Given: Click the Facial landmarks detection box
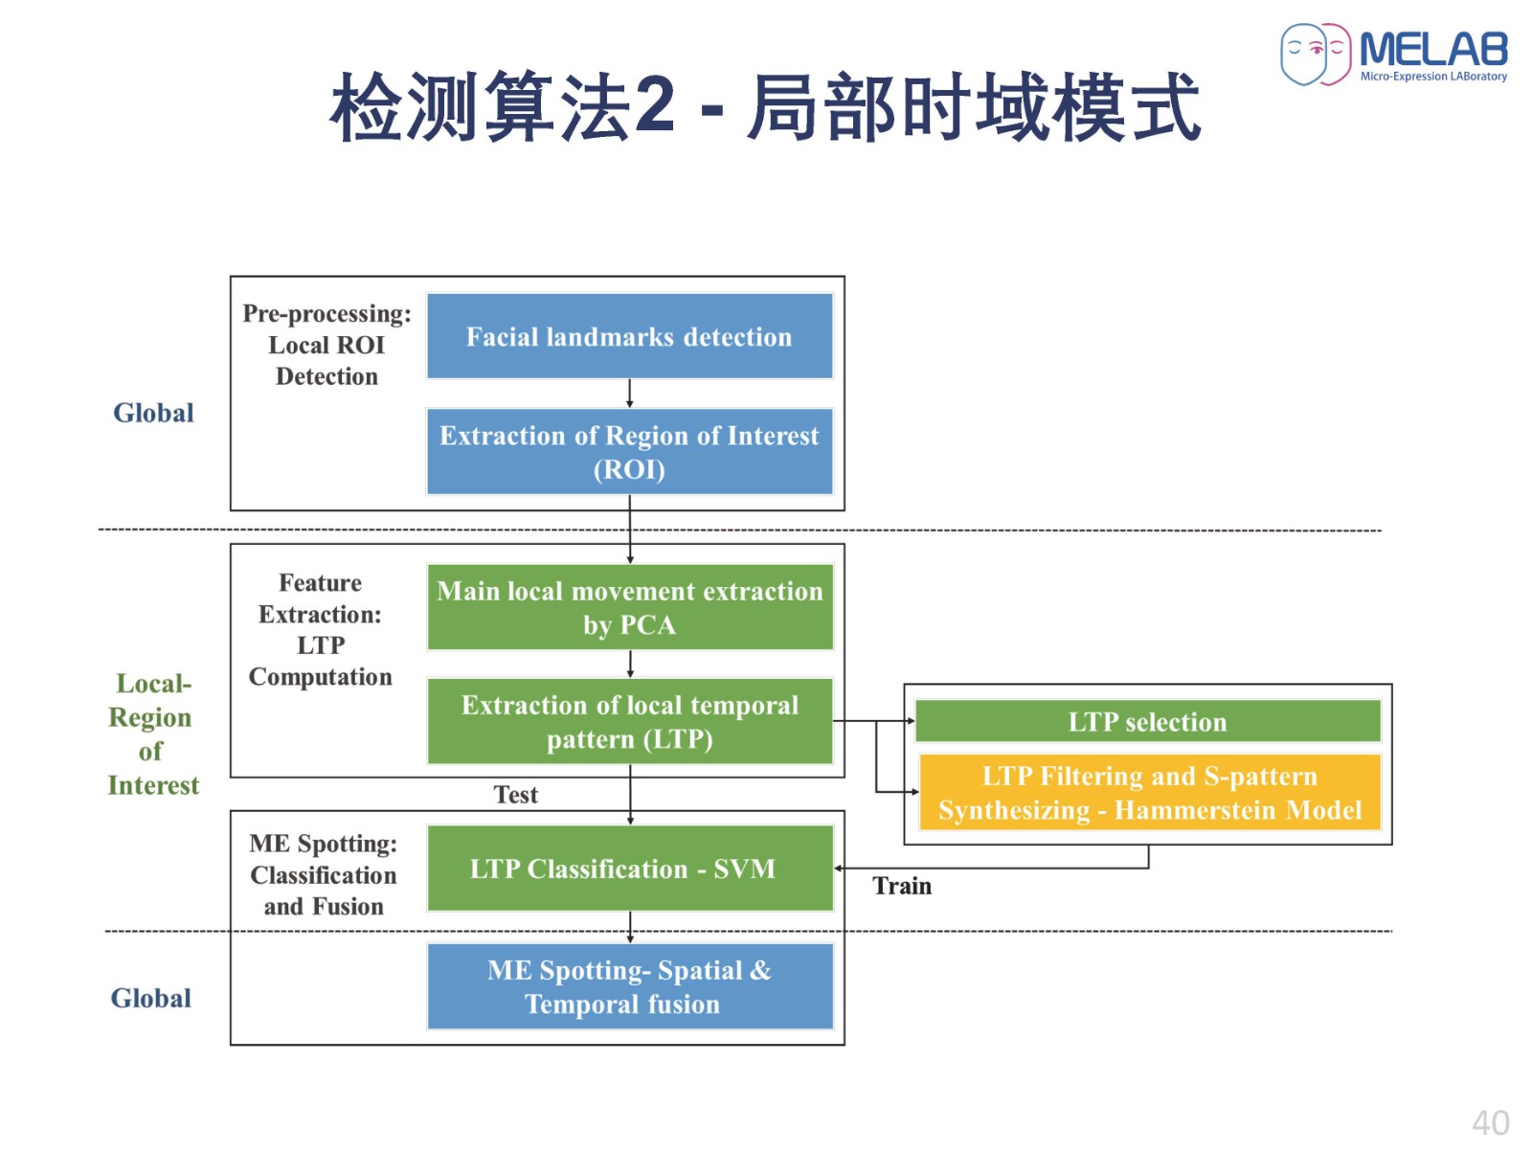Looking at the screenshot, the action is [629, 335].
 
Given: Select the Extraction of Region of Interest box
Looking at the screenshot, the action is [629, 451].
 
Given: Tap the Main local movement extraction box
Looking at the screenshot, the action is [629, 607].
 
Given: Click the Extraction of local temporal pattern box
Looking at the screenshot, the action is [629, 721].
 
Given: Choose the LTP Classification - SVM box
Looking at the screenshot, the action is [629, 868].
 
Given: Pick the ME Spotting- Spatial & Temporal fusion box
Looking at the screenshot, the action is [629, 986].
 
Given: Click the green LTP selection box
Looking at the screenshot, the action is [1147, 721].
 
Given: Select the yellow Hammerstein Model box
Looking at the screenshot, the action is [1149, 792].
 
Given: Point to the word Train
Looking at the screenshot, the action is [901, 886].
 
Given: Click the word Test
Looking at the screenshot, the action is [515, 794].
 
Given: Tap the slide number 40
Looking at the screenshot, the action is [1490, 1123].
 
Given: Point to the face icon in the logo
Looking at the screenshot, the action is [1315, 54].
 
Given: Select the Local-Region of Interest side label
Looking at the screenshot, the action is [152, 734].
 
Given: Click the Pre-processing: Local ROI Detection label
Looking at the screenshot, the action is [326, 345].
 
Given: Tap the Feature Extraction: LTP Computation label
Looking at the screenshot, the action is [320, 629].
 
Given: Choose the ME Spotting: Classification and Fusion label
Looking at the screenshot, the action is [323, 874].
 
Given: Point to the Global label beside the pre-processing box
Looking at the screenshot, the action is [153, 413].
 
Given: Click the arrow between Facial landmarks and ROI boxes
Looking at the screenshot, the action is [629, 394].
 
